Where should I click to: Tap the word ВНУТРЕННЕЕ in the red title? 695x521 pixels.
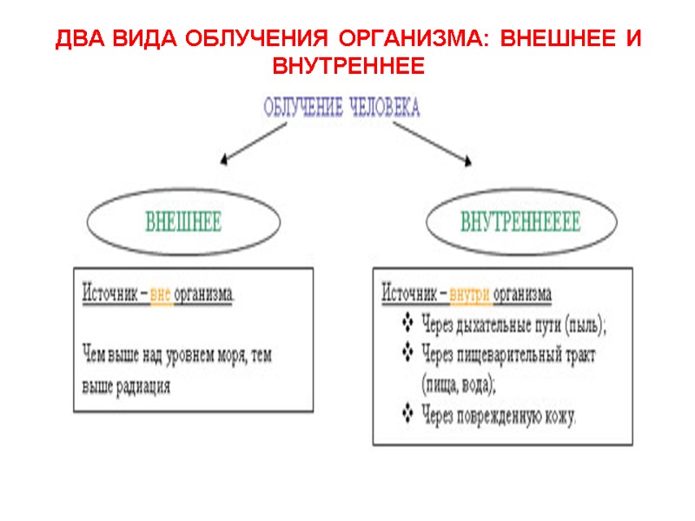tap(347, 66)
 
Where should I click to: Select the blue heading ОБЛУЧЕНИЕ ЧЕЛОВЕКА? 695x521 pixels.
tap(341, 108)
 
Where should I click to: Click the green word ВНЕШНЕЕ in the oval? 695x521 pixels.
tap(182, 222)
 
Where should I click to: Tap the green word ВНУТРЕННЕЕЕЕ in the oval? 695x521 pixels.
tap(520, 222)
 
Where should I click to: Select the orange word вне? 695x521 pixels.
tap(161, 293)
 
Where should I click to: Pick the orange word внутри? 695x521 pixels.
tap(469, 293)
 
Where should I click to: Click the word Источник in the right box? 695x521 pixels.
tap(409, 293)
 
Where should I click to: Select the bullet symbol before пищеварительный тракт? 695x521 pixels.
tap(408, 353)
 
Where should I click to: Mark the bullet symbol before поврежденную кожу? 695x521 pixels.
tap(408, 412)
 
